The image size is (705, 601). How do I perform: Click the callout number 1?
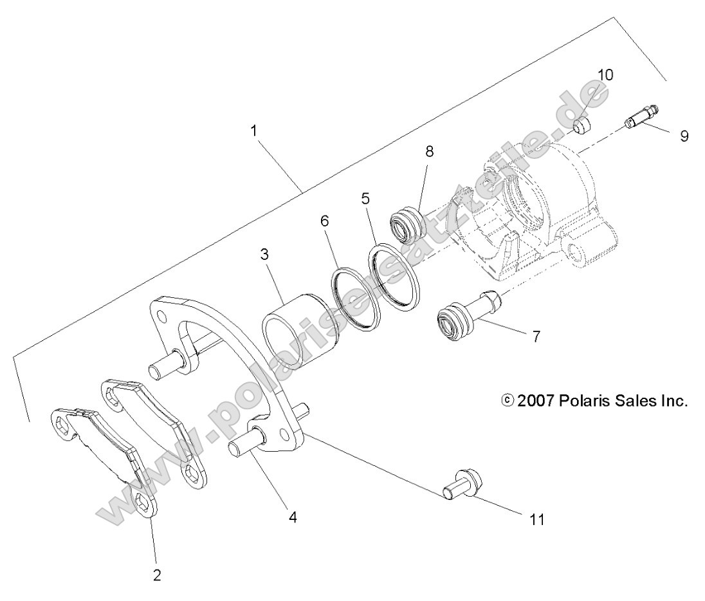[x=254, y=130]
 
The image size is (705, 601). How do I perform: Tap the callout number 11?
[x=536, y=519]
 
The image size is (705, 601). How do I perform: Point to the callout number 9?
[x=683, y=136]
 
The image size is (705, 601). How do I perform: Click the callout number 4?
[x=293, y=516]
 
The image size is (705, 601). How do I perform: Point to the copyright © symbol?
[x=507, y=401]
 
